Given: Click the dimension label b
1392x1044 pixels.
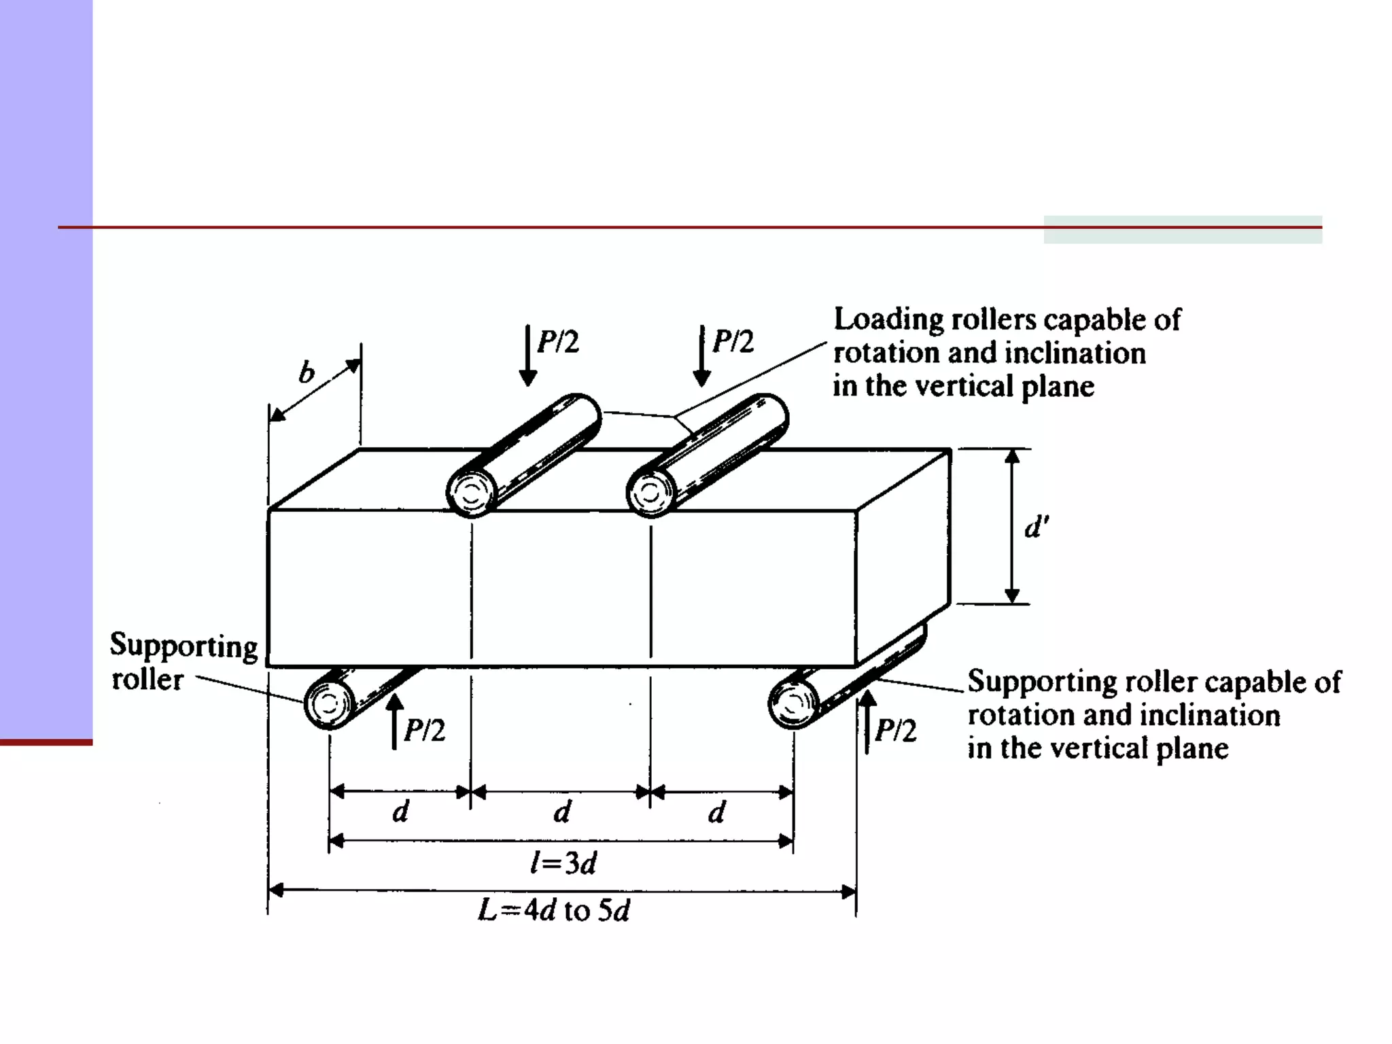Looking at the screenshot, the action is pyautogui.click(x=307, y=372).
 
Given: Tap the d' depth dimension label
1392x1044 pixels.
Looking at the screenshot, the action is pyautogui.click(x=1037, y=527).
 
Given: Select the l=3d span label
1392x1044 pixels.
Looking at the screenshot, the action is pyautogui.click(x=563, y=863).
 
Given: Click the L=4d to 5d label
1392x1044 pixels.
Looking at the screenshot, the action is pyautogui.click(x=554, y=910).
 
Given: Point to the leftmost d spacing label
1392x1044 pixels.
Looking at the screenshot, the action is pyautogui.click(x=401, y=812).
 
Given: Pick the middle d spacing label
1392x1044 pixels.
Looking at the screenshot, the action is pyautogui.click(x=562, y=812).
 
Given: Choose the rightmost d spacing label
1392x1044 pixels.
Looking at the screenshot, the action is pyautogui.click(x=716, y=812).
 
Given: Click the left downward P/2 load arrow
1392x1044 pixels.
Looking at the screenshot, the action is pyautogui.click(x=528, y=355).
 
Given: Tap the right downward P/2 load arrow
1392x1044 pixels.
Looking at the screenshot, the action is pyautogui.click(x=701, y=355).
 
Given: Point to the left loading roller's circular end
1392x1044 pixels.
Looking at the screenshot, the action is pyautogui.click(x=471, y=493).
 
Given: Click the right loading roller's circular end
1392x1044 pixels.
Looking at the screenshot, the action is pyautogui.click(x=650, y=493).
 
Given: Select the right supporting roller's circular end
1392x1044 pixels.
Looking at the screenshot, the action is pyautogui.click(x=793, y=703).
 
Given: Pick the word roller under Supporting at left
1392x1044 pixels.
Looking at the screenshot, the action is pyautogui.click(x=147, y=680).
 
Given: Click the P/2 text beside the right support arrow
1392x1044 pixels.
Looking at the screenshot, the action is pyautogui.click(x=896, y=731).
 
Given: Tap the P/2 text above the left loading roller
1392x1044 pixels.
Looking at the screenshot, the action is pyautogui.click(x=558, y=342).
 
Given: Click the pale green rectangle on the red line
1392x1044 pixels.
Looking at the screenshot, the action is pyautogui.click(x=1183, y=230).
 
